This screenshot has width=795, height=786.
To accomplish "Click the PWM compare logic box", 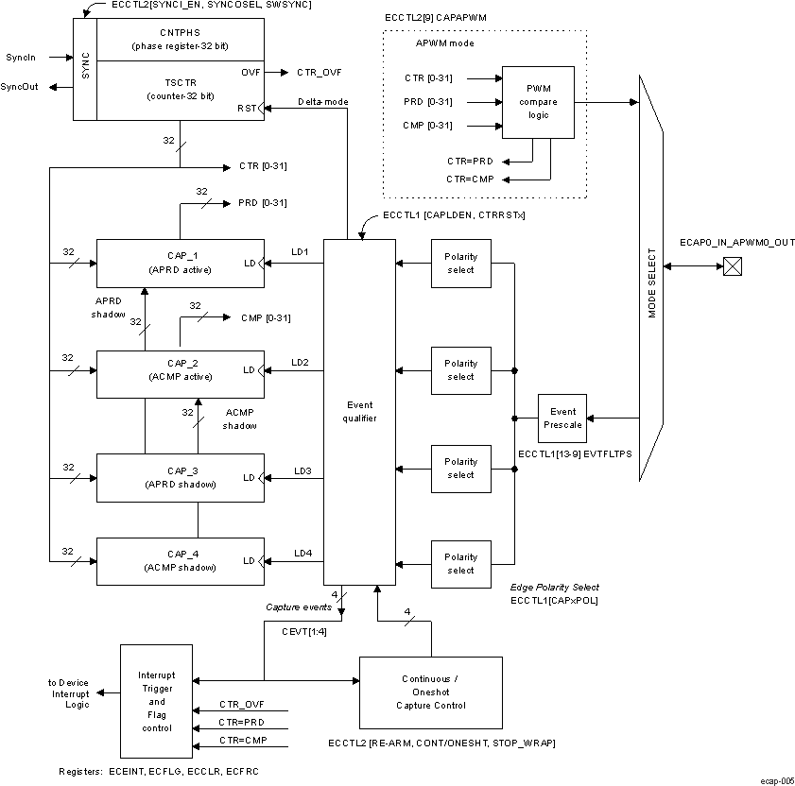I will tap(538, 102).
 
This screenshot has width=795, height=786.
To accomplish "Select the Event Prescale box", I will tap(562, 419).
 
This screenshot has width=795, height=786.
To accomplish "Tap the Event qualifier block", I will tap(359, 412).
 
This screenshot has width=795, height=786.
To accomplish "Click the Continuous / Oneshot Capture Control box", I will tap(433, 692).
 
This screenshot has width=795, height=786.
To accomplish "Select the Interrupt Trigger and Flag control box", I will tap(157, 702).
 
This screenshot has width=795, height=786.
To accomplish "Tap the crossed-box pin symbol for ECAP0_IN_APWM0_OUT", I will tap(731, 267).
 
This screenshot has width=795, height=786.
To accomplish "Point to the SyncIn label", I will tap(21, 58).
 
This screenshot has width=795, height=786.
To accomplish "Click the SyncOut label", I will tap(25, 87).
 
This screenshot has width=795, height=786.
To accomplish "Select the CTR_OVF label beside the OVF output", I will tap(320, 73).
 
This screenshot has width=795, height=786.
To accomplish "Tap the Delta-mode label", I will tap(323, 101).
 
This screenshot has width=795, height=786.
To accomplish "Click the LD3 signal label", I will tap(302, 470).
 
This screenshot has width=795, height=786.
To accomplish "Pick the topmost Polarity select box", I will tap(460, 263).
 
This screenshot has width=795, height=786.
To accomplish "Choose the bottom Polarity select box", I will tap(460, 564).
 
